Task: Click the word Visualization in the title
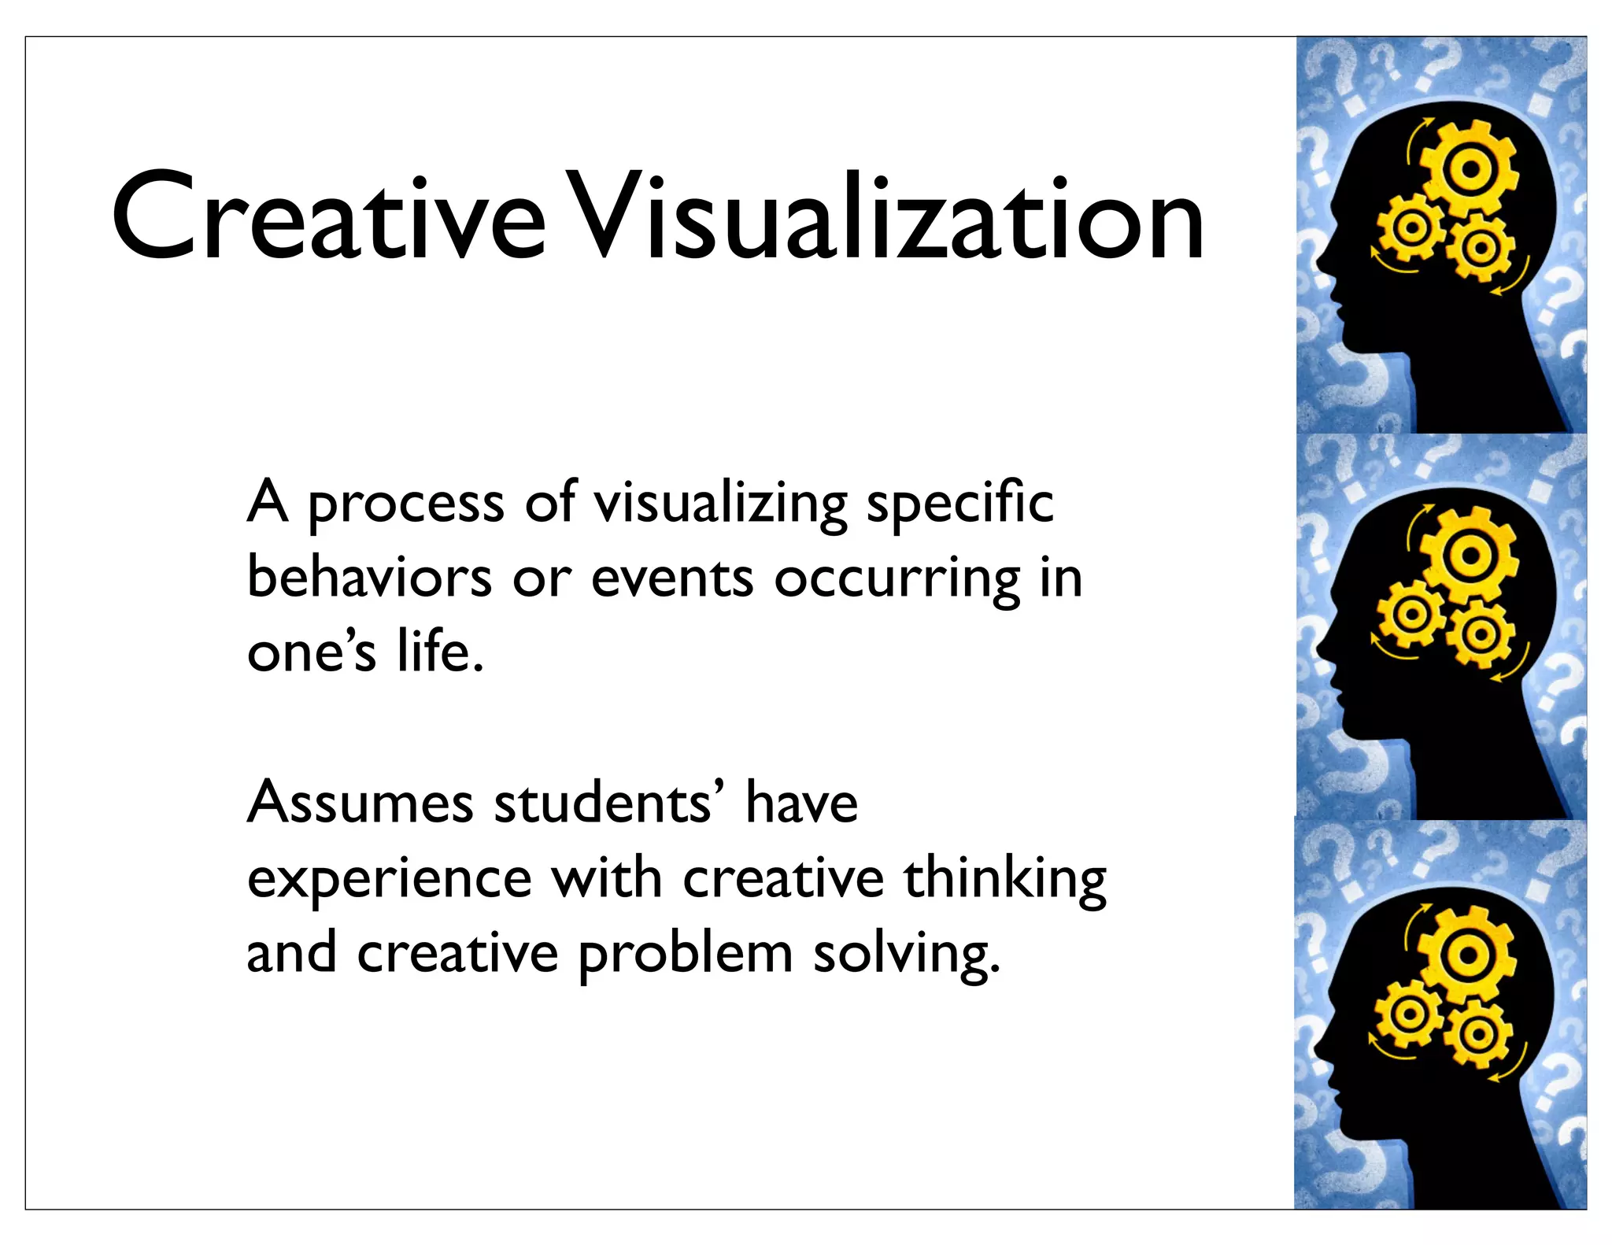coord(885,216)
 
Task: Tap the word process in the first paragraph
coord(405,504)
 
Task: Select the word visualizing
coord(720,504)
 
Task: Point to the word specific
coord(959,504)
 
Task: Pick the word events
coord(672,578)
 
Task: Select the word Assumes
coord(360,803)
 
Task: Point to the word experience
coord(390,878)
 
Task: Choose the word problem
coord(685,954)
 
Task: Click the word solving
coord(905,954)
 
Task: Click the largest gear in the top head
coord(1469,168)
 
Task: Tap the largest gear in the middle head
coord(1469,555)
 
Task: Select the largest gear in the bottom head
coord(1466,955)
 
